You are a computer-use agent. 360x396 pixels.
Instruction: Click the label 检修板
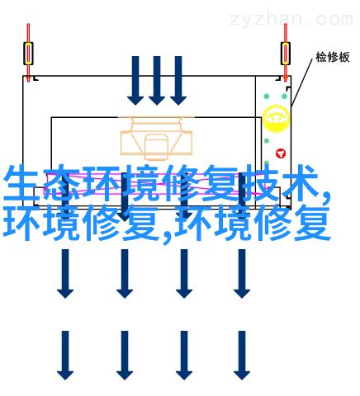[333, 57]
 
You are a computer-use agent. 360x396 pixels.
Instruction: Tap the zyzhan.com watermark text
[291, 19]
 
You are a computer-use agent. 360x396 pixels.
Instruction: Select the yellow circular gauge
[277, 118]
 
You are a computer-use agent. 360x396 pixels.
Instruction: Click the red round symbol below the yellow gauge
[281, 153]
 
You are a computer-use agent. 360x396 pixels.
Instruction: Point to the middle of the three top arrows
[157, 80]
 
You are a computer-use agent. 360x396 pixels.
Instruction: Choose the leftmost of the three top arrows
[135, 80]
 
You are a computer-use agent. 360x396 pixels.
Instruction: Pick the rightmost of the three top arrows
[178, 80]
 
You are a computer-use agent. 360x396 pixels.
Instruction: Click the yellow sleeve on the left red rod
[28, 54]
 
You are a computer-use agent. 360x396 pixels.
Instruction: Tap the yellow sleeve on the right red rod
[286, 54]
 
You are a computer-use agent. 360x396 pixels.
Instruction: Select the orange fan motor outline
[156, 138]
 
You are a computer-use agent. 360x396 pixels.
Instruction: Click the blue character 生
[21, 183]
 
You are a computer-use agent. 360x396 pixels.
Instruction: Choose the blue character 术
[299, 183]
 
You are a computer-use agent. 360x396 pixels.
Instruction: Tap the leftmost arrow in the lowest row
[65, 356]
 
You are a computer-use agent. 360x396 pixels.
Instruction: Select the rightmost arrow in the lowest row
[242, 356]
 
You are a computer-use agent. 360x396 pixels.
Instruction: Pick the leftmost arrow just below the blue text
[65, 274]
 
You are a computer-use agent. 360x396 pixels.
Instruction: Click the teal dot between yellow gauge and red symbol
[267, 141]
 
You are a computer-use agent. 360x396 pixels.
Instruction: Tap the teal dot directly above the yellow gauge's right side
[284, 97]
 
